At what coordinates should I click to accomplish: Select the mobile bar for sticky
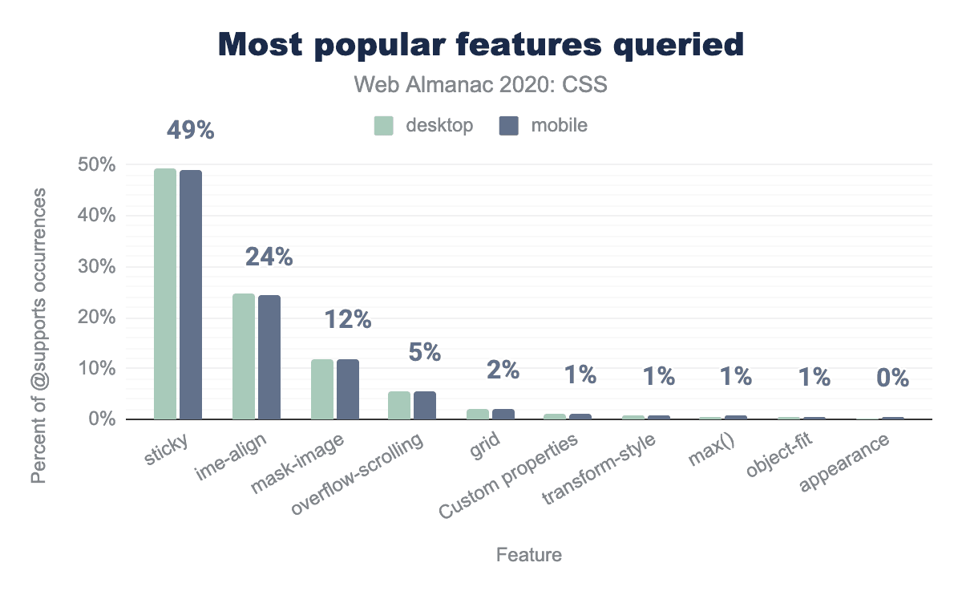pos(191,294)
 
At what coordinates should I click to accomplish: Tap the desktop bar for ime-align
pos(244,356)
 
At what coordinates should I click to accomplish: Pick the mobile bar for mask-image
pos(348,389)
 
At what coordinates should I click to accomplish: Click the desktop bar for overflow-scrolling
pos(399,405)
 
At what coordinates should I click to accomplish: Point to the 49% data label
pos(190,130)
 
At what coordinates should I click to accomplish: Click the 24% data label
pos(269,257)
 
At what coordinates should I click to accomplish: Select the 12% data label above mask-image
pos(347,320)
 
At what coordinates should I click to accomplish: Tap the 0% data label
pos(892,377)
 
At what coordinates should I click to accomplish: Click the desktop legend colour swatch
pos(383,126)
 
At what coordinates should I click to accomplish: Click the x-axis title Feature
pos(529,555)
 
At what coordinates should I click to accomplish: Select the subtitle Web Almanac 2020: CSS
pos(481,85)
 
